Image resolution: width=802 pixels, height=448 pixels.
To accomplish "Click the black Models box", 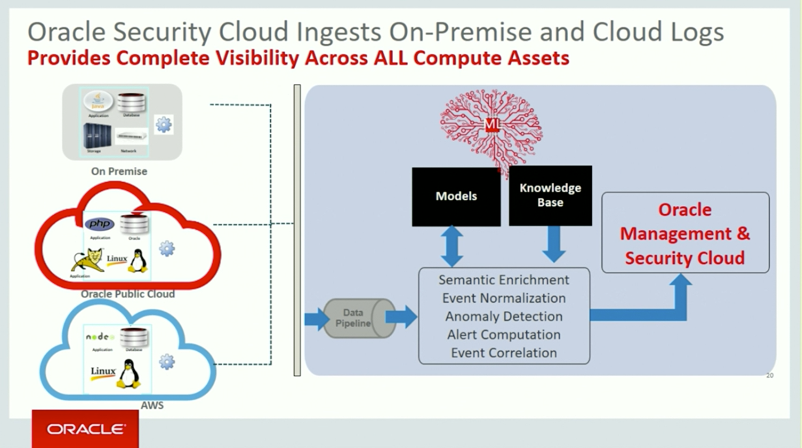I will [x=455, y=196].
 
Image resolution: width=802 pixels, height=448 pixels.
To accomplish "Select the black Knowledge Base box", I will [x=550, y=196].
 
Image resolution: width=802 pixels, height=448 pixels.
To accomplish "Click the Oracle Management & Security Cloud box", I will [x=685, y=233].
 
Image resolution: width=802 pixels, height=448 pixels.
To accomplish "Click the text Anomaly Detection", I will [x=504, y=316].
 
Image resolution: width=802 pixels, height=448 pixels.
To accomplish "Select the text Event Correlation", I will [x=504, y=353].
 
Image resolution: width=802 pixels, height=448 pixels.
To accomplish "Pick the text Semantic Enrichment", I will [x=504, y=280].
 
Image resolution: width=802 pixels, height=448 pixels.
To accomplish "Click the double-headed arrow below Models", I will [x=452, y=246].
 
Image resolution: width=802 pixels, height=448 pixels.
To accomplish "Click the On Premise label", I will [x=119, y=171].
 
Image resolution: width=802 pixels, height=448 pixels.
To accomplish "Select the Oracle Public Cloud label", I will [x=128, y=294].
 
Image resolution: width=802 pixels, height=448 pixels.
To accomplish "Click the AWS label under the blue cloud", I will [x=152, y=405].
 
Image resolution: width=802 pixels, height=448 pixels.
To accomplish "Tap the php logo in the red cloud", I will [x=100, y=224].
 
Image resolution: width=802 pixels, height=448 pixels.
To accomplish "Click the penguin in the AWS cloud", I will [x=128, y=374].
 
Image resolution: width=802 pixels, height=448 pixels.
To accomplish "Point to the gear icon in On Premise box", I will [x=164, y=124].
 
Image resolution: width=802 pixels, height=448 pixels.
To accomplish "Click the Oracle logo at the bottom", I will [x=85, y=430].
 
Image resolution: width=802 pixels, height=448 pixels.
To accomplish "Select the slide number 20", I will [x=769, y=375].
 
